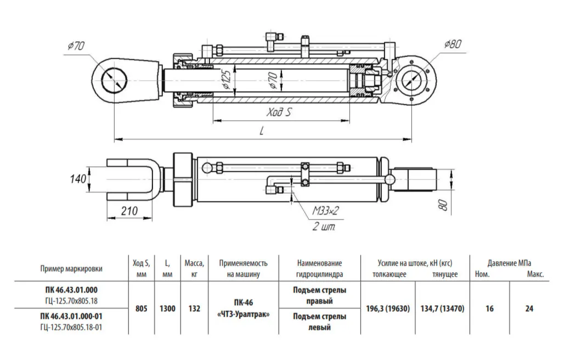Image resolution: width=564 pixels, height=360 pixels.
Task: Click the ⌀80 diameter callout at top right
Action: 453,44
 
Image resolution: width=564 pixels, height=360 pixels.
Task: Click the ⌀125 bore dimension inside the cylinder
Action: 226,80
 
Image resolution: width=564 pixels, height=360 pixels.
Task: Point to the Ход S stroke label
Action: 279,113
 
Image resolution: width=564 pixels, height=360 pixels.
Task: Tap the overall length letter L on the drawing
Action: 262,130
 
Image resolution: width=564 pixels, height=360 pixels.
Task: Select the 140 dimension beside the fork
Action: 78,179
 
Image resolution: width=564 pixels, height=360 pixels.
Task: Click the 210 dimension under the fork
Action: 129,211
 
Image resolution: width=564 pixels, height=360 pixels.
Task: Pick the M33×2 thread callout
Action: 325,211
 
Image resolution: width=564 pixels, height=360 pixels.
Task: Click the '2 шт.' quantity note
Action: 324,227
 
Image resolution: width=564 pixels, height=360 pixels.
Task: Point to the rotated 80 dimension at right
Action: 444,205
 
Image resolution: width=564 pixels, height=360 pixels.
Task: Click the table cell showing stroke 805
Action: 142,308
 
